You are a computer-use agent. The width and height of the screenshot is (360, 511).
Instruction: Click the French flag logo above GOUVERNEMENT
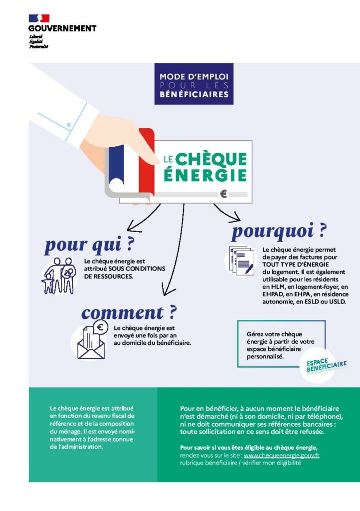(x=39, y=18)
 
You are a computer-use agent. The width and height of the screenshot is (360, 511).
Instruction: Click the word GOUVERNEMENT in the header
(x=62, y=28)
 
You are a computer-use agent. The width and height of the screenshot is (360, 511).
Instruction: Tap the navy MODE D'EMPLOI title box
(x=193, y=84)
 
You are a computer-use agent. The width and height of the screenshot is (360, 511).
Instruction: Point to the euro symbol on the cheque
(x=223, y=194)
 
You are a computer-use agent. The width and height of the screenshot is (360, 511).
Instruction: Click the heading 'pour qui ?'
(x=90, y=245)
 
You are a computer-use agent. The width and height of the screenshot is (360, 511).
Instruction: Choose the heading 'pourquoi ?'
(x=279, y=231)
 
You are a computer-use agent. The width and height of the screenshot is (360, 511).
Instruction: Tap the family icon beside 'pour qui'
(x=59, y=275)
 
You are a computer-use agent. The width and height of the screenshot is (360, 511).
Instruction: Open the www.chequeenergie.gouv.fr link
(x=281, y=456)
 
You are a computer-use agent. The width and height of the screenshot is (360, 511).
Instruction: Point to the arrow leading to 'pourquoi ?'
(x=227, y=213)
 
